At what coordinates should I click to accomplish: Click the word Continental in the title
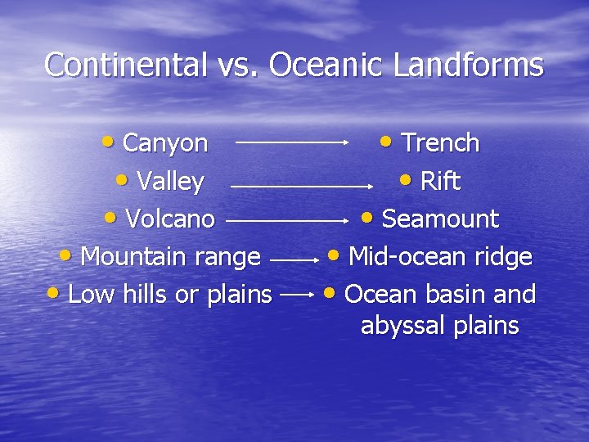pos(125,65)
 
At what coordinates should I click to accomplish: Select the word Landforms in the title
pos(468,65)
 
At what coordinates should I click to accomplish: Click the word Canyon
pos(165,143)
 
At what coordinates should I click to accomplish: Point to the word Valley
pos(171,181)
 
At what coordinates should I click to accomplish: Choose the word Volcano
pos(170,219)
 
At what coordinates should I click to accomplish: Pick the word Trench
pos(440,143)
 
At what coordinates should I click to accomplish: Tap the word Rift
pos(440,181)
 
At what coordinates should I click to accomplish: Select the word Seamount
pos(440,219)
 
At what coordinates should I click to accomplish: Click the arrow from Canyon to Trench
pos(293,142)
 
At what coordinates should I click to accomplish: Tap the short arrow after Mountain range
pos(294,259)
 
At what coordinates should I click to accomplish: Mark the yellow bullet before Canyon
pos(110,141)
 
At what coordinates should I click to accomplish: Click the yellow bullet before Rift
pos(407,179)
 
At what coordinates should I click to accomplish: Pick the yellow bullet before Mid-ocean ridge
pos(335,255)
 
